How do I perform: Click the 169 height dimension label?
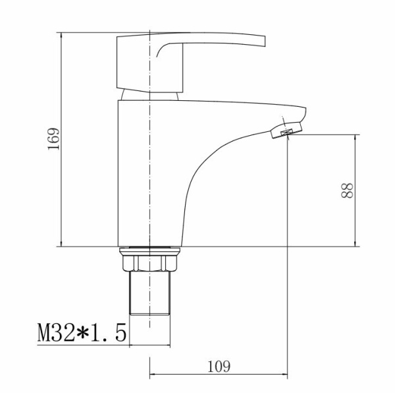click(53, 139)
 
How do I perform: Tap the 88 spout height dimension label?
click(347, 191)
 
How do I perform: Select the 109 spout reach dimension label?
click(219, 367)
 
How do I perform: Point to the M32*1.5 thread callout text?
click(82, 332)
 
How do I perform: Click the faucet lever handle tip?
click(265, 41)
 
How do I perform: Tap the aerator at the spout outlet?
click(286, 130)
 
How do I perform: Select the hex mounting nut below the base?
click(149, 263)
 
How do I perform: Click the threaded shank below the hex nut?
click(149, 293)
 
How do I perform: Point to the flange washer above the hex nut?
click(149, 251)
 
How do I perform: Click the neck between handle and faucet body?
click(149, 96)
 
